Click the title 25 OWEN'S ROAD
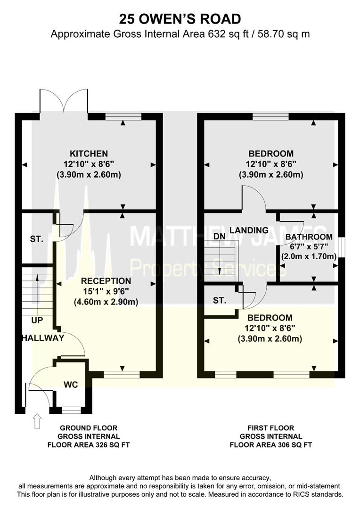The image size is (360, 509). (x=180, y=19)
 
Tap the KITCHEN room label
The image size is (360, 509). (x=89, y=154)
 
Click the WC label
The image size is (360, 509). (x=71, y=385)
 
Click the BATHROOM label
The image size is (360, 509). (x=309, y=237)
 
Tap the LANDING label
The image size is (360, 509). (x=249, y=230)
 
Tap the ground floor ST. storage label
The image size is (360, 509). (x=36, y=239)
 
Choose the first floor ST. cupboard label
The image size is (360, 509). (x=220, y=300)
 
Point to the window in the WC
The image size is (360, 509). (x=72, y=410)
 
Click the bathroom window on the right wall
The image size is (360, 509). (x=342, y=247)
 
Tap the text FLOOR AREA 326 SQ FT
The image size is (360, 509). (x=89, y=444)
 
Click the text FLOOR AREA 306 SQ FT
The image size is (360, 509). (x=270, y=444)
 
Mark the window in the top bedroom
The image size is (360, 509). (x=270, y=116)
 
